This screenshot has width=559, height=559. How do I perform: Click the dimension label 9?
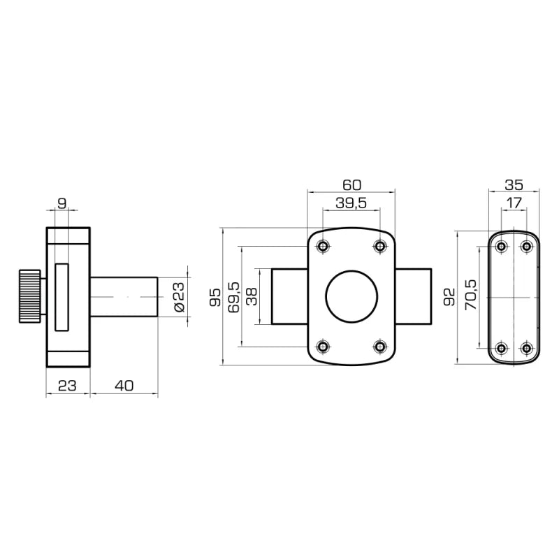click(x=62, y=203)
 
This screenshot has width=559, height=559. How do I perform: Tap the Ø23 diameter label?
click(x=180, y=297)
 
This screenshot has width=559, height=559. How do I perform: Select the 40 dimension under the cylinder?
click(x=124, y=386)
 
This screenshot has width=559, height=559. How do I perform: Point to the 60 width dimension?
click(x=352, y=185)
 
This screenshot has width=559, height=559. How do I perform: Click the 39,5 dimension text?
click(x=351, y=203)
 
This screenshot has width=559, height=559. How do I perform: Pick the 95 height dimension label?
click(x=215, y=298)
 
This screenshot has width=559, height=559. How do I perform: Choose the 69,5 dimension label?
click(x=233, y=297)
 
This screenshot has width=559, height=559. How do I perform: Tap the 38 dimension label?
click(x=252, y=296)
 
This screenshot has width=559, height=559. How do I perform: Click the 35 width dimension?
click(x=514, y=185)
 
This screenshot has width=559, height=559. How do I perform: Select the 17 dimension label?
click(x=514, y=203)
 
